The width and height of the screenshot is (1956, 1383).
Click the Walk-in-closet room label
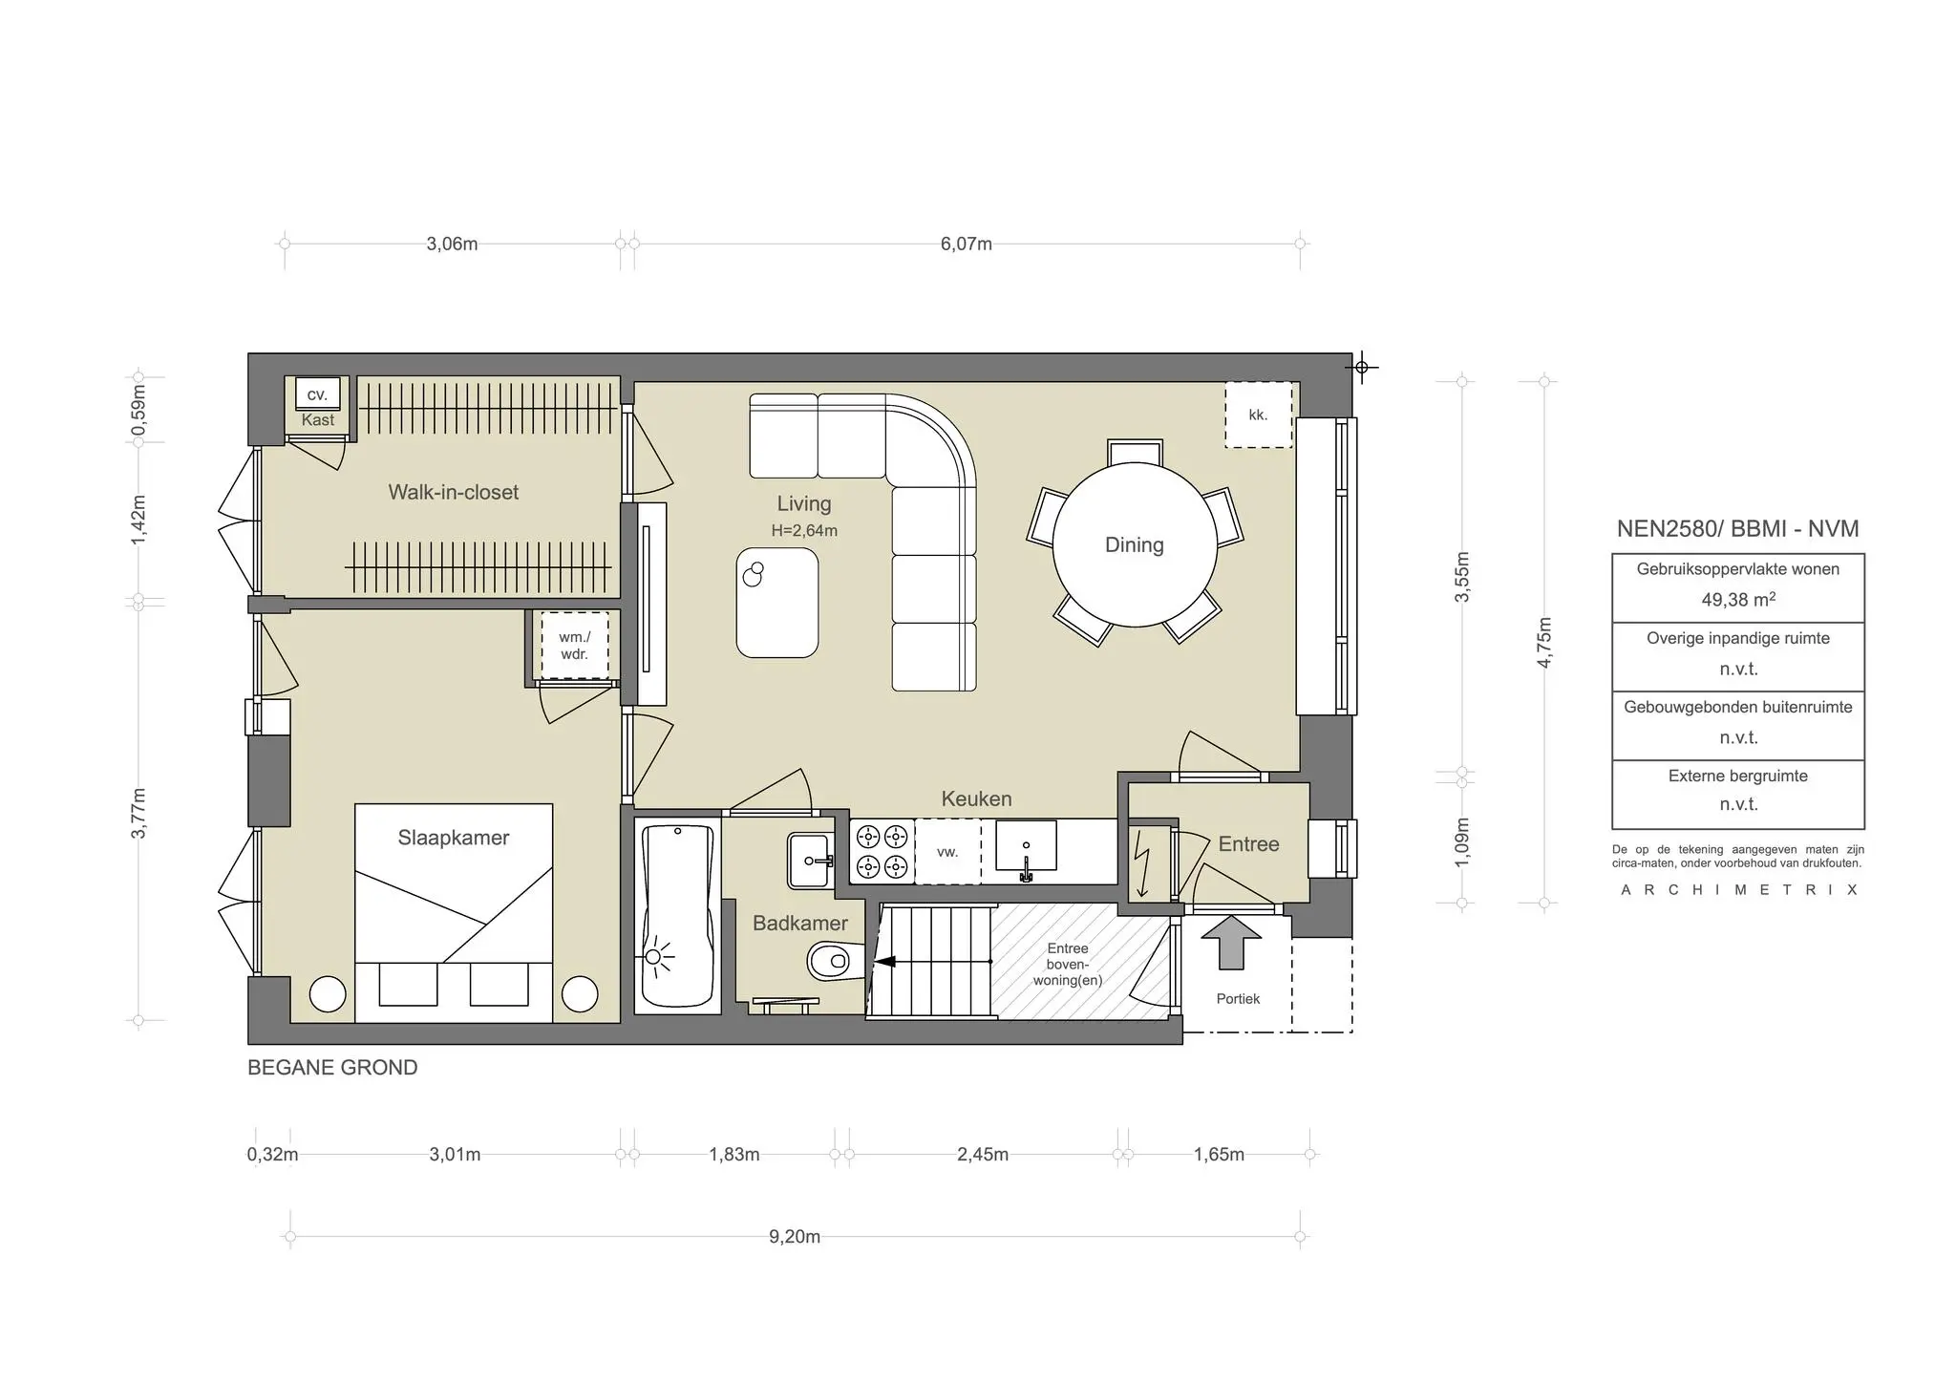click(x=453, y=492)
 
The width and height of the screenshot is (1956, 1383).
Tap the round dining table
click(x=1135, y=545)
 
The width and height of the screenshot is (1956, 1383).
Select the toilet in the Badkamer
click(x=830, y=961)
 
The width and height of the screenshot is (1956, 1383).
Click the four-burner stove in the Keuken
click(x=881, y=852)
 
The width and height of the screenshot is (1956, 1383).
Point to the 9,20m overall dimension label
click(x=795, y=1237)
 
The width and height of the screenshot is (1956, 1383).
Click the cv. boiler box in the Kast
click(x=317, y=394)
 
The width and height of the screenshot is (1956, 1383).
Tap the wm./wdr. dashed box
click(x=574, y=646)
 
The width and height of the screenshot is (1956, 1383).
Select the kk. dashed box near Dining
click(x=1258, y=415)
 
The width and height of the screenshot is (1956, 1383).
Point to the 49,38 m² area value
click(x=1737, y=600)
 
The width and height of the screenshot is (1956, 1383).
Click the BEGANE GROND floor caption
click(x=332, y=1068)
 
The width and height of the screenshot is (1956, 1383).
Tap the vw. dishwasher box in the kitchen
click(x=947, y=852)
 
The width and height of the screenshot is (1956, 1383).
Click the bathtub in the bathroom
click(x=677, y=917)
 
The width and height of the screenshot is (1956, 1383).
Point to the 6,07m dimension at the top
click(x=966, y=244)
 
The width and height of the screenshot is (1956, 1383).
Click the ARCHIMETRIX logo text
click(x=1737, y=890)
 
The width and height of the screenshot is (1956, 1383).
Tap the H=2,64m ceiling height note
click(x=804, y=531)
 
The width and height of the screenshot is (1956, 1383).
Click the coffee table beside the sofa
click(x=776, y=603)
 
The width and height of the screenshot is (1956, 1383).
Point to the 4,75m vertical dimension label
click(x=1544, y=643)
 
